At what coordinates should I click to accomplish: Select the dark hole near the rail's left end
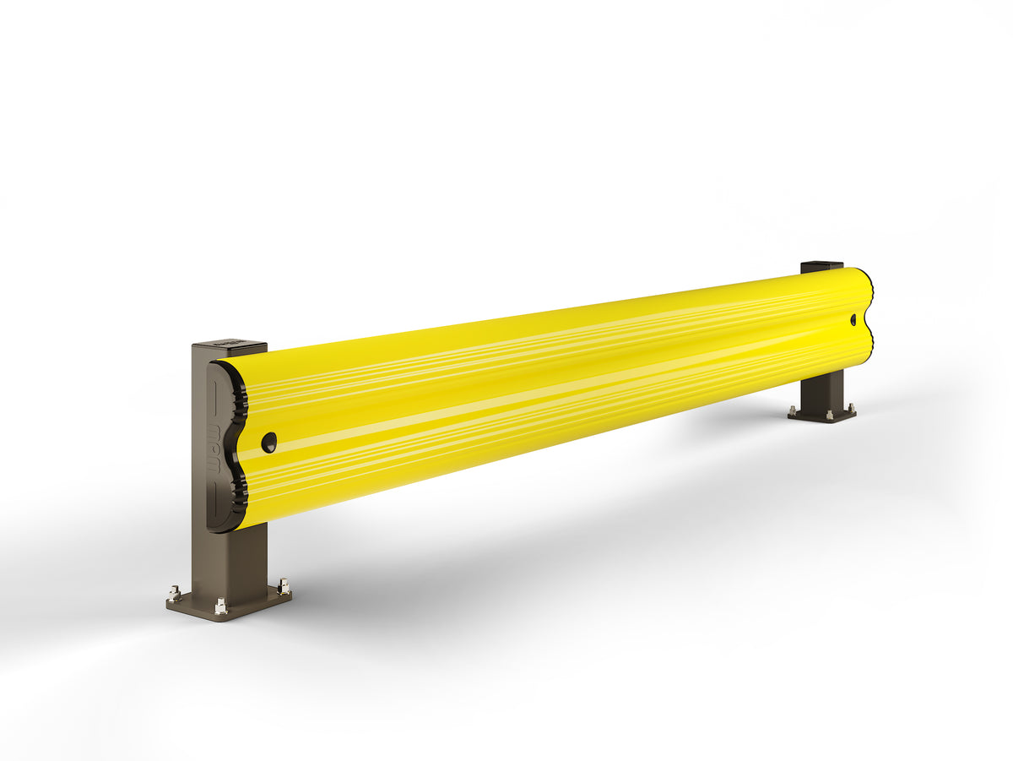(x=268, y=442)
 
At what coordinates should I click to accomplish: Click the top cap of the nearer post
(x=229, y=345)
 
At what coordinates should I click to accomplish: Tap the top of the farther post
(x=821, y=266)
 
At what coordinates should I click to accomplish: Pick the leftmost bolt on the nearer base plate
(x=175, y=593)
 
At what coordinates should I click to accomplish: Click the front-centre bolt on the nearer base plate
(x=220, y=606)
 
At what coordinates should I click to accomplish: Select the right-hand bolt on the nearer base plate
(x=283, y=585)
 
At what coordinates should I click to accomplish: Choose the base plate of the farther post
(x=821, y=415)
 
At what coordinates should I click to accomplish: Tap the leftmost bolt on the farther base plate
(x=793, y=411)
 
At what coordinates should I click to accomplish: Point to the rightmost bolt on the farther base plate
(x=851, y=408)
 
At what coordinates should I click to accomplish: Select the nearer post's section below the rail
(x=230, y=557)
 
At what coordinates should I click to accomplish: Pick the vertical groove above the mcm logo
(x=213, y=397)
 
